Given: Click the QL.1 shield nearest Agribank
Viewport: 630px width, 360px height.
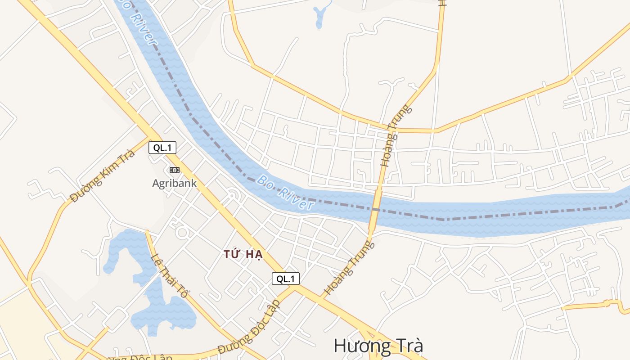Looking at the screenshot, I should tap(162, 148).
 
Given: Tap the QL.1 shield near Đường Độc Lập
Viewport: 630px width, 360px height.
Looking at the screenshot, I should tap(285, 279).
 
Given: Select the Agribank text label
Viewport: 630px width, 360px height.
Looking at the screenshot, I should tap(174, 183).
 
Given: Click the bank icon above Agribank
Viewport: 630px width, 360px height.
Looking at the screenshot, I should tap(174, 170).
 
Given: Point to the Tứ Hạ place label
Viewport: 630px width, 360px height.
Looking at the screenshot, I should tap(243, 254).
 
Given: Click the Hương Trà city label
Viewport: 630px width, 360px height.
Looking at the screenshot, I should tap(378, 346).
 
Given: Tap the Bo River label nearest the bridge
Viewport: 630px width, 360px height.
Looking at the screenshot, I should tap(285, 193).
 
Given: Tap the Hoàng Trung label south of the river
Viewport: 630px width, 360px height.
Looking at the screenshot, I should tap(349, 268).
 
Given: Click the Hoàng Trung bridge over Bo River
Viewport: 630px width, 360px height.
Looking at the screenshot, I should tap(374, 209).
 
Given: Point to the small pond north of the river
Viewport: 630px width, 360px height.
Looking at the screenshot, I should tap(320, 16).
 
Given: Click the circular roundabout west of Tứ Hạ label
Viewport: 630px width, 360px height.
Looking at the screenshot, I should tap(183, 233).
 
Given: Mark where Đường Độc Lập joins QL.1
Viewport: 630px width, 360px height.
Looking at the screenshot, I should tap(295, 288).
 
